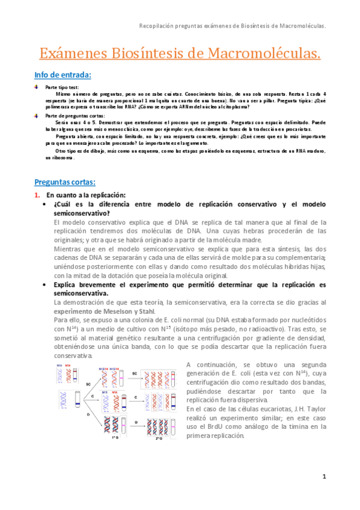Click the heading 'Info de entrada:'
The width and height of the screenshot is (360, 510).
pos(63,75)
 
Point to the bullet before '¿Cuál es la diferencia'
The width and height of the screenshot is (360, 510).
pos(45,205)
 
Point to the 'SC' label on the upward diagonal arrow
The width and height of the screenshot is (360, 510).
pos(88,382)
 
